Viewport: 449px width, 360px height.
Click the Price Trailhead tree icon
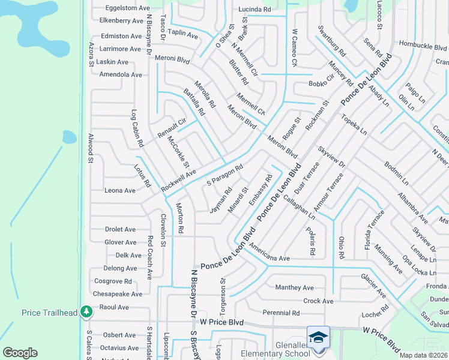point(87,311)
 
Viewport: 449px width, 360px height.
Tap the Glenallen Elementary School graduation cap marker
point(319,337)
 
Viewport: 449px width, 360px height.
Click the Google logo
point(20,352)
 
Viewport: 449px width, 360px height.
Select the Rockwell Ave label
point(178,178)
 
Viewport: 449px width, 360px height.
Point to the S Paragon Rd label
point(224,175)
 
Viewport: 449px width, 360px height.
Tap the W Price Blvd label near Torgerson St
point(221,322)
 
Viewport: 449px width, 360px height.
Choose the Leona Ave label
point(120,190)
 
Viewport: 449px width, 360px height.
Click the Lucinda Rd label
point(255,10)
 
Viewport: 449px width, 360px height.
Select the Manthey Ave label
point(294,287)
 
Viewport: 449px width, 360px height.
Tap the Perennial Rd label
point(281,313)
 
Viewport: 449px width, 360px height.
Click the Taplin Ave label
point(183,35)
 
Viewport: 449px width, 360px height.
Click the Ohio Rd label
point(341,248)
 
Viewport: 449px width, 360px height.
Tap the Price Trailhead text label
point(49,313)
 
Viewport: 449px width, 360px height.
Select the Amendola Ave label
point(121,75)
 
